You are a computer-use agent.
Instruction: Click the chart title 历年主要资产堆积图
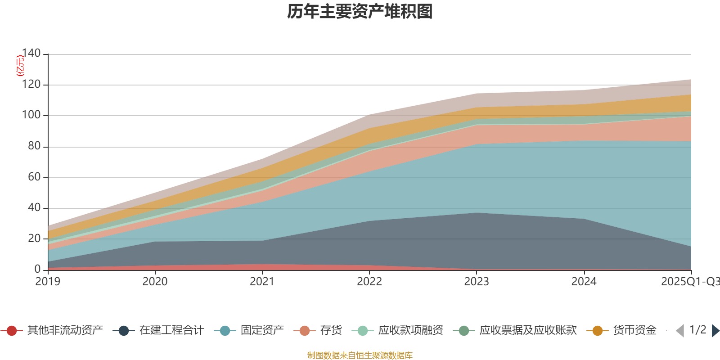(x=360, y=12)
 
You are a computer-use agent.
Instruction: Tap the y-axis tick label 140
(x=31, y=53)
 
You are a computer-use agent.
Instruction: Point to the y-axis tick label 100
(x=31, y=115)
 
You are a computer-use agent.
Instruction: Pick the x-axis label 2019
(x=48, y=282)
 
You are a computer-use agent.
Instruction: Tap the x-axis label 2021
(x=262, y=282)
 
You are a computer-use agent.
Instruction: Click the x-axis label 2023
(x=477, y=282)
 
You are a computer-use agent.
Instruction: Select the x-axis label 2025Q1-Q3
(x=689, y=282)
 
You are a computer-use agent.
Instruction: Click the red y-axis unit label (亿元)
(x=20, y=66)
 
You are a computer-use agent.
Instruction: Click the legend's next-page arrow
(x=715, y=331)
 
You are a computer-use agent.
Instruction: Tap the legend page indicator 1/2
(x=697, y=330)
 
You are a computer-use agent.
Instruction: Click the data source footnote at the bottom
(x=360, y=355)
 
